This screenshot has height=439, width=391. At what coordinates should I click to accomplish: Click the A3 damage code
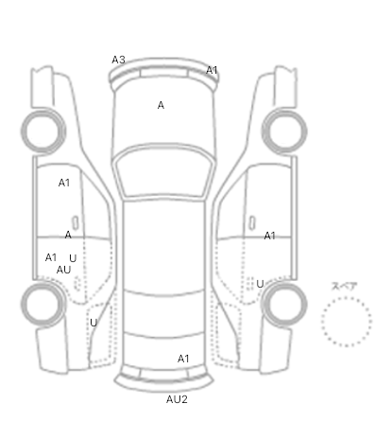(118, 60)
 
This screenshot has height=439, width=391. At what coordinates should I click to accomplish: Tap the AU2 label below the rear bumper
(177, 399)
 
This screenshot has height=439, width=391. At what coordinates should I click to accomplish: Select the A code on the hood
(161, 105)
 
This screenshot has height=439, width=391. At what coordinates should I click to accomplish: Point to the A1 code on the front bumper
(212, 70)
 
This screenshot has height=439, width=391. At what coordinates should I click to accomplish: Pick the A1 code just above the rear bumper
(183, 359)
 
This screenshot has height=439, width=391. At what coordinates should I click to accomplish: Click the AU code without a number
(63, 270)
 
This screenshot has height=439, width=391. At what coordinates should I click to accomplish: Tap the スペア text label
(345, 287)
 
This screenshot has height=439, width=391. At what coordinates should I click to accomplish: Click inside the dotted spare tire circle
(347, 322)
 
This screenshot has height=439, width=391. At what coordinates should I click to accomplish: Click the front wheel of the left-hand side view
(43, 132)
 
